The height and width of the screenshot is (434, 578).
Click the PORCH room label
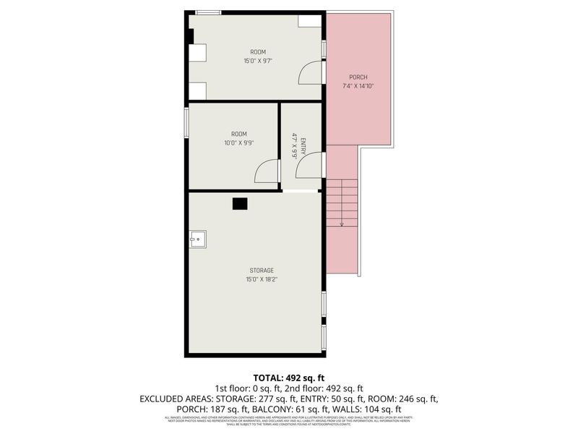tap(358, 77)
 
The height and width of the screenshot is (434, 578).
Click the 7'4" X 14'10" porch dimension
tap(358, 85)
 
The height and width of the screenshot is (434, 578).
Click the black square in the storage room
tap(240, 204)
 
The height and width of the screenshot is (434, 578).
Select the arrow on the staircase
tap(341, 224)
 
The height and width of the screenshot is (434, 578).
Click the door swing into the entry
tap(309, 166)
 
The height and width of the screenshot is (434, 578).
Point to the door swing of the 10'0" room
tap(267, 171)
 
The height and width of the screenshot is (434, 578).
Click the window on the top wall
tap(209, 12)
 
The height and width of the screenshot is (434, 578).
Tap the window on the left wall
tap(186, 121)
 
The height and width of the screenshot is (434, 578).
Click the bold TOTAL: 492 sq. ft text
tap(288, 378)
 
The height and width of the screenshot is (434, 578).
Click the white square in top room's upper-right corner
tap(309, 21)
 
